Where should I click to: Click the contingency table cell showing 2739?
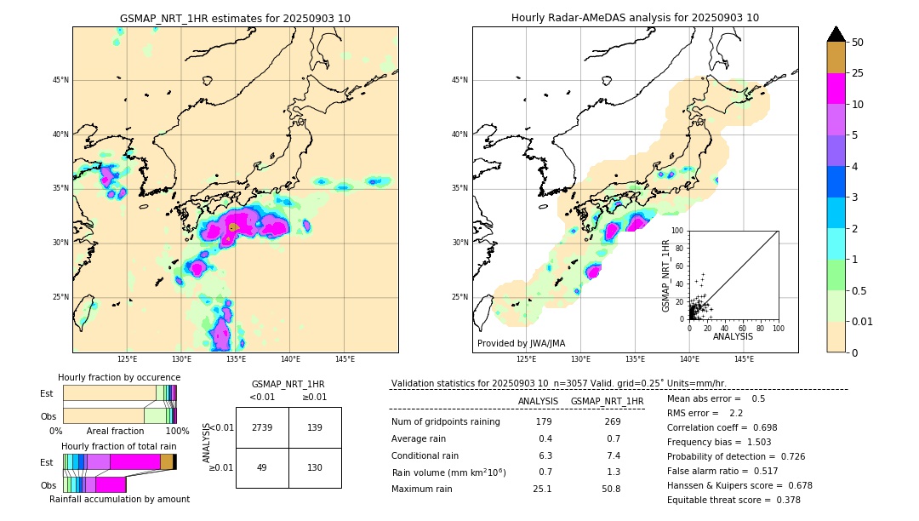pyautogui.click(x=262, y=428)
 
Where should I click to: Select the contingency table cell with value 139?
pyautogui.click(x=315, y=428)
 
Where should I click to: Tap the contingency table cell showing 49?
pyautogui.click(x=262, y=467)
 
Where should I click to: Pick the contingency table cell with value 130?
pyautogui.click(x=315, y=467)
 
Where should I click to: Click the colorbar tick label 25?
pyautogui.click(x=858, y=74)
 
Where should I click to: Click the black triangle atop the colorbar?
pyautogui.click(x=836, y=34)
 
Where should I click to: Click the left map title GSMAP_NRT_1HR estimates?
pyautogui.click(x=235, y=18)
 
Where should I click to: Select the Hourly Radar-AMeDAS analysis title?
pyautogui.click(x=635, y=18)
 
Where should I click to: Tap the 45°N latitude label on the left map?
pyautogui.click(x=60, y=80)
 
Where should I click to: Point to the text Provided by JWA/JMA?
pyautogui.click(x=521, y=343)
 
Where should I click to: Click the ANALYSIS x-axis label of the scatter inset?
pyautogui.click(x=733, y=336)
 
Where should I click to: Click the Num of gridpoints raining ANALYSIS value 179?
pyautogui.click(x=544, y=421)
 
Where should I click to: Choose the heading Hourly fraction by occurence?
pyautogui.click(x=119, y=377)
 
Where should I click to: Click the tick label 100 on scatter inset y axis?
pyautogui.click(x=678, y=231)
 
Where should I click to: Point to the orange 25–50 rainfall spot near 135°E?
pyautogui.click(x=232, y=227)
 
